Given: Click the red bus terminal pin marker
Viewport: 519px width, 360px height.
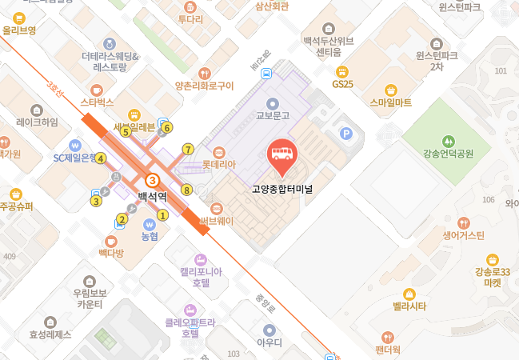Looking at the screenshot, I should coord(281,153).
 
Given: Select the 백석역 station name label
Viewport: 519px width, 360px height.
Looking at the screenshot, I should coord(151,196).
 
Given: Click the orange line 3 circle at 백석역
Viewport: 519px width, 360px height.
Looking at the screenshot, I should coord(151,181).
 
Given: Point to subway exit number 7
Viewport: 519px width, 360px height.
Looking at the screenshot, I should coord(188,149).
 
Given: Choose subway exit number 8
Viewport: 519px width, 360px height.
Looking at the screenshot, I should coord(186,190).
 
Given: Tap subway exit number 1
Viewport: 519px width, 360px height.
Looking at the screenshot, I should coord(162,214).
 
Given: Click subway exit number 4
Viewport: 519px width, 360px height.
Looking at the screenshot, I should coord(101,158).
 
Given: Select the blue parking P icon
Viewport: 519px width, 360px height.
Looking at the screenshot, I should coord(346,134).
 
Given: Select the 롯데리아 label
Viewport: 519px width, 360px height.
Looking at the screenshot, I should coord(219,164).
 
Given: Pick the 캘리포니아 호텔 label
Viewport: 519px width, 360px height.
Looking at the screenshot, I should coord(201,277).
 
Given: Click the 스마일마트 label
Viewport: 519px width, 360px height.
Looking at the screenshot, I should coord(391,102).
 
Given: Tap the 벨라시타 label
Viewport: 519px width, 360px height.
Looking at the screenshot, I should coord(409,306).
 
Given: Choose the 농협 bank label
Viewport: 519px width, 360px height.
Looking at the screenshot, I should coord(150,236).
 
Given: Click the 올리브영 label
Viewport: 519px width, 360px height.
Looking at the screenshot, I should coord(20,30).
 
